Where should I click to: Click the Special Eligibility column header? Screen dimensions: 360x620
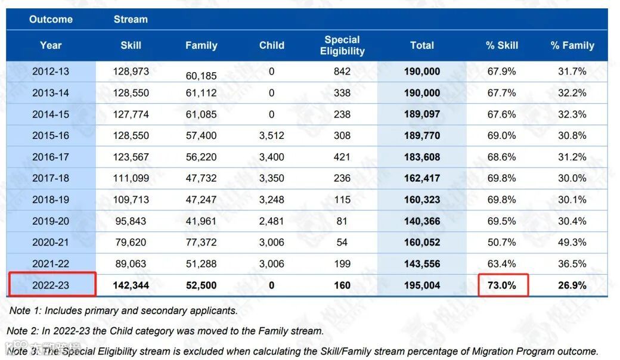(342, 45)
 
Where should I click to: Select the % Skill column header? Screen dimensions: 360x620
(502, 45)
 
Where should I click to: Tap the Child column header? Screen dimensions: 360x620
(272, 45)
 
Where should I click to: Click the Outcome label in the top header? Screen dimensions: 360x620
(51, 19)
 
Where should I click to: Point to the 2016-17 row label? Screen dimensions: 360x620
(51, 157)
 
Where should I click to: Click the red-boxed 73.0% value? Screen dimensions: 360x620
(502, 285)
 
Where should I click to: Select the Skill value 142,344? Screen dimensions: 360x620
(131, 285)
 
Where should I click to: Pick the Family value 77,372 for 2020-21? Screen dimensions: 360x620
(201, 243)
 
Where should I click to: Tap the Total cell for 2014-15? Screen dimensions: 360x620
(422, 114)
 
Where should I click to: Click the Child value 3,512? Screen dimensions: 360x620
(272, 135)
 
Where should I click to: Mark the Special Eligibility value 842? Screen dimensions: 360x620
(342, 71)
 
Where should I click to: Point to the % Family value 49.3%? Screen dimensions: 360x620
(572, 243)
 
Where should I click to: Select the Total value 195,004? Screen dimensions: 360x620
(422, 285)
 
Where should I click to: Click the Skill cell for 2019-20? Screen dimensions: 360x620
(131, 221)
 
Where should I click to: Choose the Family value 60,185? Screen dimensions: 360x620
(201, 76)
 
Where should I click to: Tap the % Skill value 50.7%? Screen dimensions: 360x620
(502, 243)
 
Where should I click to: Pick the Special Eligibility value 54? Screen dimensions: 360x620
(342, 243)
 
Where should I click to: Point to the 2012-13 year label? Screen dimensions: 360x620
(51, 71)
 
